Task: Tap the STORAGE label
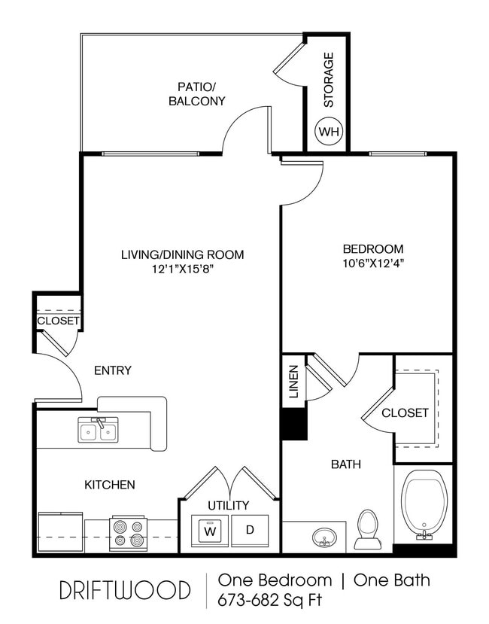click(328, 79)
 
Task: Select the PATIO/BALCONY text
click(196, 93)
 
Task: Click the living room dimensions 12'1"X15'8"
click(183, 269)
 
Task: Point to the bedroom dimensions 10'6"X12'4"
click(373, 263)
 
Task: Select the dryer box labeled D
click(250, 530)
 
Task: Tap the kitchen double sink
click(98, 431)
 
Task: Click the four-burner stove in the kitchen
click(127, 533)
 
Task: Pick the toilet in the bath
click(367, 529)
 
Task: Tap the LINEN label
click(294, 382)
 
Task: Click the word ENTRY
click(113, 370)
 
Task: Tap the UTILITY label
click(229, 505)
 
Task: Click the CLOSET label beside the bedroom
click(405, 412)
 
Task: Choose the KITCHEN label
click(110, 484)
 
